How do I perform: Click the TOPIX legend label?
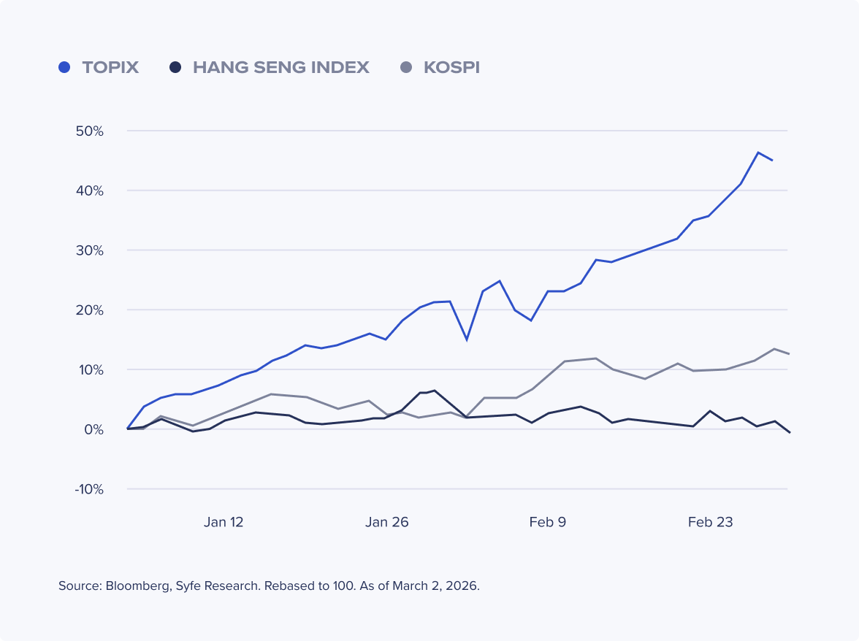(x=110, y=68)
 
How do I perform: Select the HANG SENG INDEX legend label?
(x=280, y=68)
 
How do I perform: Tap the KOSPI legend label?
(x=451, y=68)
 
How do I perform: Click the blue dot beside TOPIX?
(x=64, y=68)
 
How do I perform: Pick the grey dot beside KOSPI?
(x=407, y=68)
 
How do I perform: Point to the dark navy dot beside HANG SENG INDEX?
(x=175, y=68)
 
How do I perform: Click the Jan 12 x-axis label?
(x=224, y=522)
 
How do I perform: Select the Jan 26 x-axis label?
(x=387, y=522)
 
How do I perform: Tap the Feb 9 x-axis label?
(x=547, y=522)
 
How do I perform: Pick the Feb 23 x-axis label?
(x=710, y=522)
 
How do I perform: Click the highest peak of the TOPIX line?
(x=758, y=153)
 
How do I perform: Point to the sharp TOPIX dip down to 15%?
(x=467, y=339)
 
